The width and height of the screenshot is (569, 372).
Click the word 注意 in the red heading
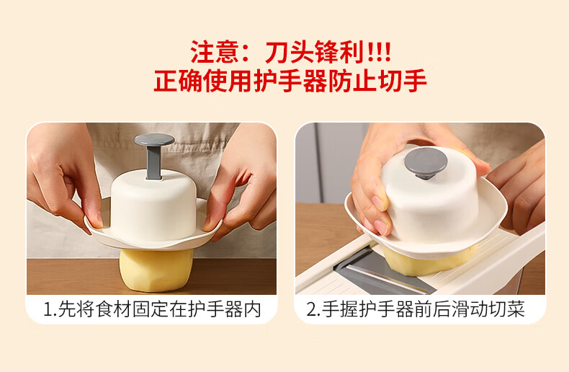(214, 53)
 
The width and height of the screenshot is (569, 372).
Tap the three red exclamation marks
(379, 53)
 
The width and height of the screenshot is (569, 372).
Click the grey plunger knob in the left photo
(155, 140)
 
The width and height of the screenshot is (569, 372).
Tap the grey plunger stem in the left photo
(154, 162)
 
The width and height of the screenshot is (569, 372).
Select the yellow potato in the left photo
(156, 269)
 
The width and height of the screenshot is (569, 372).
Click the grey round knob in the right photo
(425, 162)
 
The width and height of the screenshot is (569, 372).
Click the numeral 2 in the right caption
(311, 310)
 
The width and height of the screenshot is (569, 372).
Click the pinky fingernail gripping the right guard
(380, 226)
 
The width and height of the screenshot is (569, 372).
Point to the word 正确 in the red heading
(178, 81)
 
